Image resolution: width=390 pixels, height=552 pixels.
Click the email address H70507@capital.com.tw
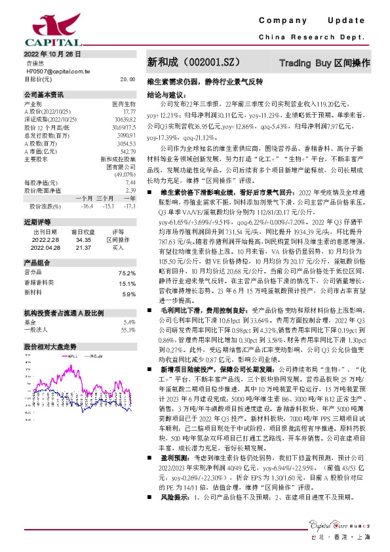(54, 71)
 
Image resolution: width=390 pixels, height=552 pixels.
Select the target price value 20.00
(127, 79)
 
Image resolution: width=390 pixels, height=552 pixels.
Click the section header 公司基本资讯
(44, 94)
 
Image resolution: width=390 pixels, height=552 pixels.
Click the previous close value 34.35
(81, 223)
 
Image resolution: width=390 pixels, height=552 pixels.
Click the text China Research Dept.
(307, 37)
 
